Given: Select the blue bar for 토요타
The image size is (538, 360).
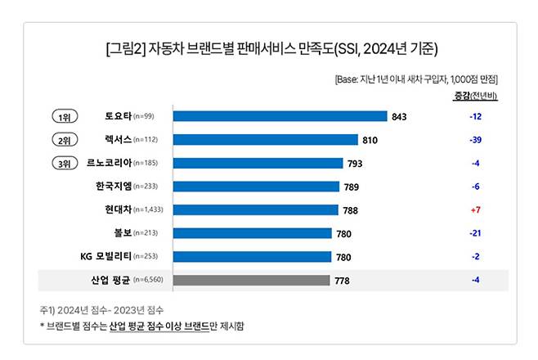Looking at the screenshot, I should click(x=279, y=116).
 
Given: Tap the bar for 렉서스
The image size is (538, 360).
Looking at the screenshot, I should click(x=265, y=140).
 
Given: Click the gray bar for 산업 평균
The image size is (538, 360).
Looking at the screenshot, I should click(x=251, y=281).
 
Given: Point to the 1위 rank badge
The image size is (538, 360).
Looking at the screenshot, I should click(x=65, y=116).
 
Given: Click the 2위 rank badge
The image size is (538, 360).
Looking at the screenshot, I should click(x=65, y=140).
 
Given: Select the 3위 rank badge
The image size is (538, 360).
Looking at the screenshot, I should click(x=65, y=164).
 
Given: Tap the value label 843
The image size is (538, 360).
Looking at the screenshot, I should click(x=399, y=116).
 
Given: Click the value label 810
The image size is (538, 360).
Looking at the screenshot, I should click(x=370, y=140).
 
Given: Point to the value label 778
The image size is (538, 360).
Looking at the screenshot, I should click(x=343, y=281).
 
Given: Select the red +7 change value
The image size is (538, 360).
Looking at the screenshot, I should click(x=475, y=210).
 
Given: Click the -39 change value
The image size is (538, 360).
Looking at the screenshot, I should click(x=475, y=140).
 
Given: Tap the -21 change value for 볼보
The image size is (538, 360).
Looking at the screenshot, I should click(x=475, y=234).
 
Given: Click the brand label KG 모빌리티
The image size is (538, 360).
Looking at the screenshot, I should click(x=112, y=257).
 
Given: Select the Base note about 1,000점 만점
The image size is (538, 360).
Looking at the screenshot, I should click(x=416, y=79).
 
